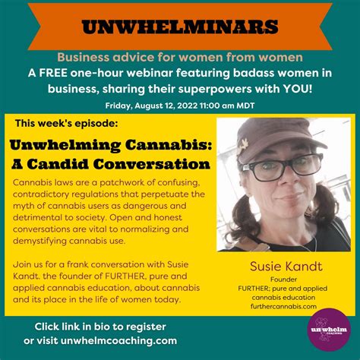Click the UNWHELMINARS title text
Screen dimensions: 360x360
click(180, 27)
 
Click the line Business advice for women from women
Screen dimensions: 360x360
click(180, 58)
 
